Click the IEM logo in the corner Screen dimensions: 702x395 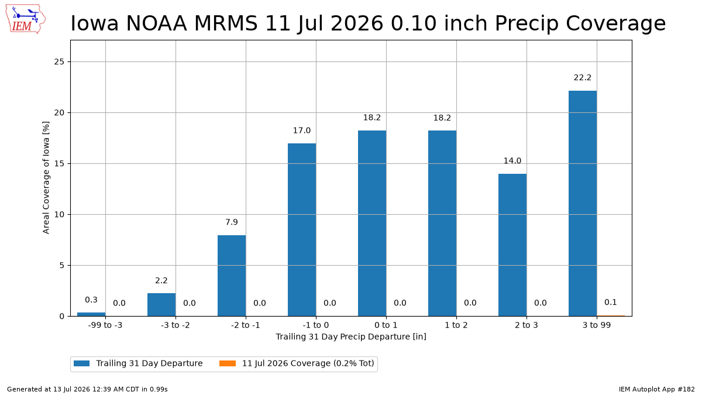pos(25,19)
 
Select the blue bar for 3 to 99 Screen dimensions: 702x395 pos(583,204)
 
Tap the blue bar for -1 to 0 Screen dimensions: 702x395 pos(302,230)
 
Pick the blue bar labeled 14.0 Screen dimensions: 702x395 pos(512,245)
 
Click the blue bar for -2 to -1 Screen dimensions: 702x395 pos(232,276)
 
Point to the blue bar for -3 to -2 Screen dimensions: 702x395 pos(161,305)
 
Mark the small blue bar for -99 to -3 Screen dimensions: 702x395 pos(91,314)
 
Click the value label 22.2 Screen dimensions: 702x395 pos(582,77)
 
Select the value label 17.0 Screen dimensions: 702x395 pos(301,130)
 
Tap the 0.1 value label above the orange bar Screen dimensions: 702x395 pos(611,302)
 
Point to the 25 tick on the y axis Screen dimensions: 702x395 pos(59,62)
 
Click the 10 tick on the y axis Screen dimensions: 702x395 pos(59,215)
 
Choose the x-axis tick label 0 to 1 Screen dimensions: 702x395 pos(386,325)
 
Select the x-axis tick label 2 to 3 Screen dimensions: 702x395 pos(526,325)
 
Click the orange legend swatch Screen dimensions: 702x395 pos(228,363)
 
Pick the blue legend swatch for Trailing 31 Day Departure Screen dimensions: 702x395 pos(81,363)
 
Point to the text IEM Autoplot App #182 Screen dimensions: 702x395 pos(656,389)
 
